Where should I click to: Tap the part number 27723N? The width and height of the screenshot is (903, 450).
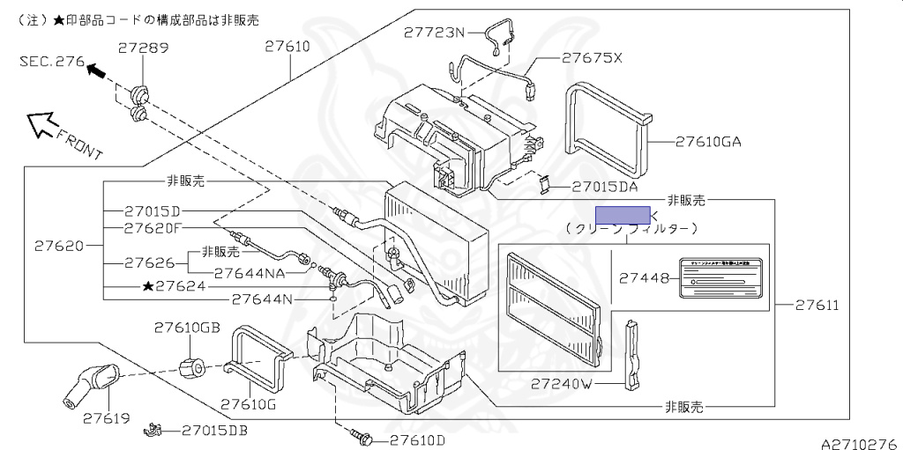(434, 33)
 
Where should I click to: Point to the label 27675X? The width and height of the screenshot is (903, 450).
(593, 58)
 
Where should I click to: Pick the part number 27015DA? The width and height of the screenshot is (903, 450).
(604, 187)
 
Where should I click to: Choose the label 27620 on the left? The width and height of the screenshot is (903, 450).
(59, 246)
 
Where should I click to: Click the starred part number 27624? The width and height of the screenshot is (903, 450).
(174, 286)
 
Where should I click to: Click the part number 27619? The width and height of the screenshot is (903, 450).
(108, 418)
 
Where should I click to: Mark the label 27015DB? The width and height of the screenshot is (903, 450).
(214, 431)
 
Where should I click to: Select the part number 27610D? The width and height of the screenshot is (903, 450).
(417, 439)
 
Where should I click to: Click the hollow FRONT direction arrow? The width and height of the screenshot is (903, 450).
(41, 125)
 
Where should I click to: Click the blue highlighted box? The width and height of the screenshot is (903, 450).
(623, 216)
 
